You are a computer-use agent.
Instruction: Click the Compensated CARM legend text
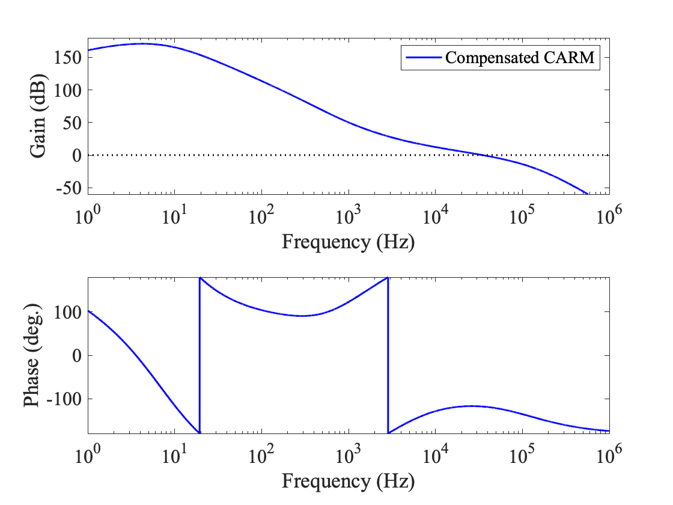(519, 58)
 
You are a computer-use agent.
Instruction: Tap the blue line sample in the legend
(422, 58)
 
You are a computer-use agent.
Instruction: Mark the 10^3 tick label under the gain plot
(349, 213)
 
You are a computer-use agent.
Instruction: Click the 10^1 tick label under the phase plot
(175, 453)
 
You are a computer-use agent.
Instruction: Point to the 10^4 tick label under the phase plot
(436, 453)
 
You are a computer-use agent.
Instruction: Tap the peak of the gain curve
(143, 43)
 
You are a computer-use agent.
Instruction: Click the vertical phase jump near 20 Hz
(199, 355)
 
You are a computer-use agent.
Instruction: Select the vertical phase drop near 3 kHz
(388, 355)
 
